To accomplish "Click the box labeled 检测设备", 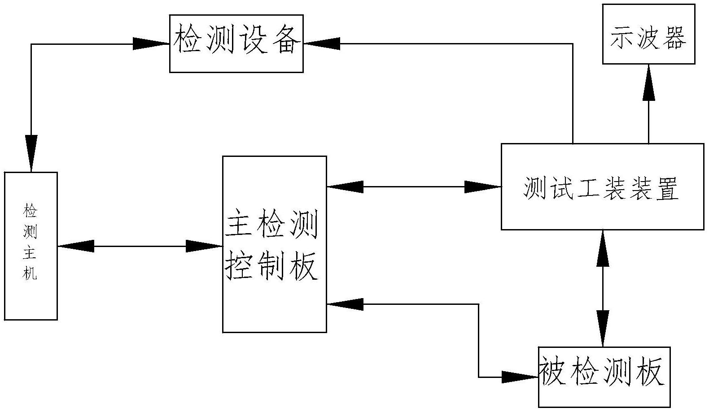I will point(236,43).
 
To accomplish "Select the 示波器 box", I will point(648,34).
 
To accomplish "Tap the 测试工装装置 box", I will point(602,186).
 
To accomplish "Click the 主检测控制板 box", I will point(274,244).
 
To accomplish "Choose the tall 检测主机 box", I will point(31,246).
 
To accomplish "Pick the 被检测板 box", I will point(604,377).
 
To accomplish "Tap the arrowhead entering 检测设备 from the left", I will point(151,43).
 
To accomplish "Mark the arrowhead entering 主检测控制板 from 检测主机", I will point(205,246).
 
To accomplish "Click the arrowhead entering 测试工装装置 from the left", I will point(483,187).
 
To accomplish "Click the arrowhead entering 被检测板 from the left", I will point(520,377).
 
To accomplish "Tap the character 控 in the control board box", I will point(238,268).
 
